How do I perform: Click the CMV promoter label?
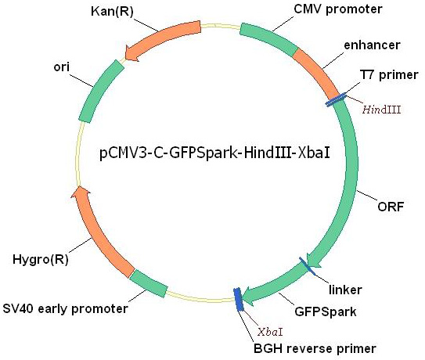tap(337, 9)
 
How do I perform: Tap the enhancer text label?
tap(372, 45)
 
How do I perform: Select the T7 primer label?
tap(389, 75)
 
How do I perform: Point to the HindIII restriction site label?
tap(382, 110)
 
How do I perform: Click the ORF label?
tap(391, 207)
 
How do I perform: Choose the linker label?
tap(345, 290)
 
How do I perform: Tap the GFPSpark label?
tap(326, 311)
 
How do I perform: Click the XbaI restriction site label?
tap(270, 332)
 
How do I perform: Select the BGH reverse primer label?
tap(315, 348)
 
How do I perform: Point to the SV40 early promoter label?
tap(65, 309)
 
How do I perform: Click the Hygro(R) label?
tap(41, 259)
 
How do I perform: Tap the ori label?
tap(61, 67)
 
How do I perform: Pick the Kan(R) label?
tap(112, 12)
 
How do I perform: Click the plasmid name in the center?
tap(214, 153)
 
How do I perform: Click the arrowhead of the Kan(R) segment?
tap(132, 54)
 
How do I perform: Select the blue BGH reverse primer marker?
tap(239, 299)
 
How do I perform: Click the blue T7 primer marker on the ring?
tap(336, 99)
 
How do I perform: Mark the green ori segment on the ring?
tap(99, 91)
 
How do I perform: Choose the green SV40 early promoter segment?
tap(148, 283)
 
